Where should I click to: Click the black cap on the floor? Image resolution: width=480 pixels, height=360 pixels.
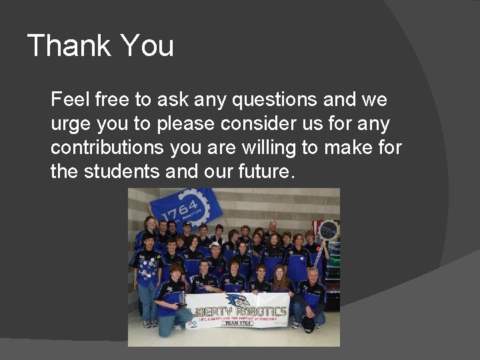pos(307,324)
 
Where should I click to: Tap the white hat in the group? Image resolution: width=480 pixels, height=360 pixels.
pos(215,245)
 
